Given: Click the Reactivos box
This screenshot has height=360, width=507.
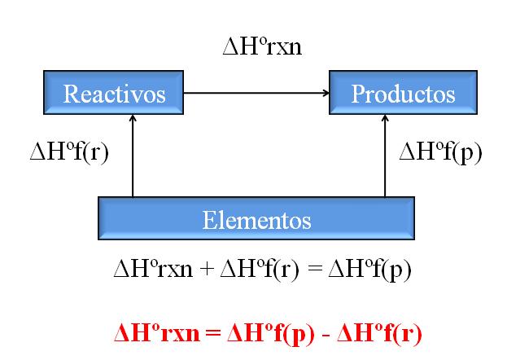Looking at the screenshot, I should pyautogui.click(x=115, y=93).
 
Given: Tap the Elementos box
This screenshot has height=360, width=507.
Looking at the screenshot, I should pyautogui.click(x=256, y=218).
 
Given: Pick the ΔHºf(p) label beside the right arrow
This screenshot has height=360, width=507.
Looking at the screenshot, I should pyautogui.click(x=439, y=153).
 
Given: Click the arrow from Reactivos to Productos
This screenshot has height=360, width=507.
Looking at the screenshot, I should pyautogui.click(x=256, y=94).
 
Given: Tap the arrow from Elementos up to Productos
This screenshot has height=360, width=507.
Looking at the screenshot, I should pyautogui.click(x=384, y=159).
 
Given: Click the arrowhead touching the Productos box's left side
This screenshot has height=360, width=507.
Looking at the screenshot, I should pyautogui.click(x=325, y=94).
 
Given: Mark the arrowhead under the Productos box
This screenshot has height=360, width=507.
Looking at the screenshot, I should pyautogui.click(x=384, y=119).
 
